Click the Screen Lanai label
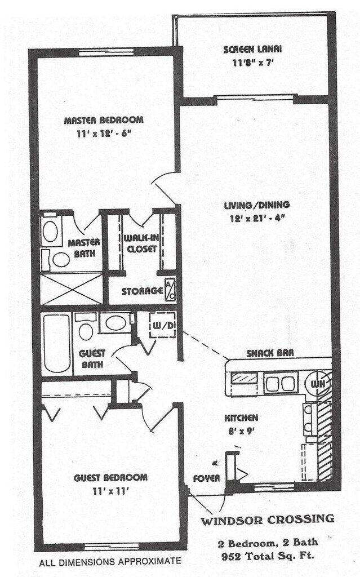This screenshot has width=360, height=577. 252,50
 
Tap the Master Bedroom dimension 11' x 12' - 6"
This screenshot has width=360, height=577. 104,133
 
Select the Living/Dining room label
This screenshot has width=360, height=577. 257,205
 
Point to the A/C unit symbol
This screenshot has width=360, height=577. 170,290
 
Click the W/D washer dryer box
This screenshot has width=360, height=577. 162,325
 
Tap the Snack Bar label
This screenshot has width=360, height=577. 270,353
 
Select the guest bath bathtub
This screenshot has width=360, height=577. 56,343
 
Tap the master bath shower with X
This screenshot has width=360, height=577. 72,289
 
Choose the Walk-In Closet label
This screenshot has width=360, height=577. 141,243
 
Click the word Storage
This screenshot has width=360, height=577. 142,291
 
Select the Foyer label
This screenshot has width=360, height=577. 207,478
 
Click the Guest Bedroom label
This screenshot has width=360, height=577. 110,478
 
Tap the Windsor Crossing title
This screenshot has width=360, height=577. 268,520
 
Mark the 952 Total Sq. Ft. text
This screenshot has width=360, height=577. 268,556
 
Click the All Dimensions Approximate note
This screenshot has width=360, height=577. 110,562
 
